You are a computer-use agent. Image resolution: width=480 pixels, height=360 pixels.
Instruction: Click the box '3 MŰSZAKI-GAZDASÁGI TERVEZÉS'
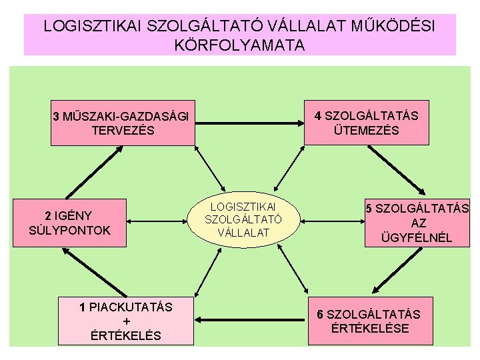pos(123,123)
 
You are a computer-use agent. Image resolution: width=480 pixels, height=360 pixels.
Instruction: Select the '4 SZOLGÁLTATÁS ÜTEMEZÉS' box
pos(366,123)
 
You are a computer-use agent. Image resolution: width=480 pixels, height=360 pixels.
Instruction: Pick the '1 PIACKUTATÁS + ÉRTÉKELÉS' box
pos(126,321)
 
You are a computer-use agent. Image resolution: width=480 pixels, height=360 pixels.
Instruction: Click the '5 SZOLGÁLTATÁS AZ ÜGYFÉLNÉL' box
pos(417,223)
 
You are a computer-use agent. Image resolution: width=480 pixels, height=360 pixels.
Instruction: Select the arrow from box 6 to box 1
pos(251,321)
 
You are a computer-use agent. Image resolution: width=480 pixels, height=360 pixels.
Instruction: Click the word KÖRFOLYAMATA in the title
pos(239,45)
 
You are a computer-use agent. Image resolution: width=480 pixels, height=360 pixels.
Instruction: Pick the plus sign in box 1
pos(126,321)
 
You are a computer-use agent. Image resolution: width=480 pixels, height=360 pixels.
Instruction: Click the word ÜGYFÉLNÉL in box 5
pos(417,237)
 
